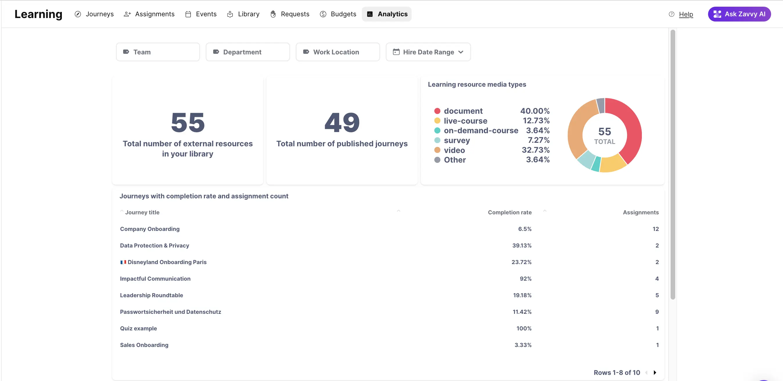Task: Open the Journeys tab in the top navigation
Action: point(94,14)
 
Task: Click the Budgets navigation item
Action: point(338,14)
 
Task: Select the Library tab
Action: point(243,14)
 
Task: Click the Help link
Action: point(686,14)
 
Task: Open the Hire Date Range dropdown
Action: point(428,52)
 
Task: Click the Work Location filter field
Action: point(337,52)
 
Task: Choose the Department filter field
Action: point(247,52)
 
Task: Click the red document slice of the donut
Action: point(629,128)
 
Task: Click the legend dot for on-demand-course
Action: point(437,131)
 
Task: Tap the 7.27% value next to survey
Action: point(538,140)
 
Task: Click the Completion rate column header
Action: point(509,212)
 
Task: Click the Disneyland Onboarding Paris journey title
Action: point(167,262)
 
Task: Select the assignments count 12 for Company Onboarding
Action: point(655,229)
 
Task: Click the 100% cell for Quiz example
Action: point(524,328)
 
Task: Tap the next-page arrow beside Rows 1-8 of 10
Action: point(655,373)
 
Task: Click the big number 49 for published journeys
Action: point(342,122)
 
